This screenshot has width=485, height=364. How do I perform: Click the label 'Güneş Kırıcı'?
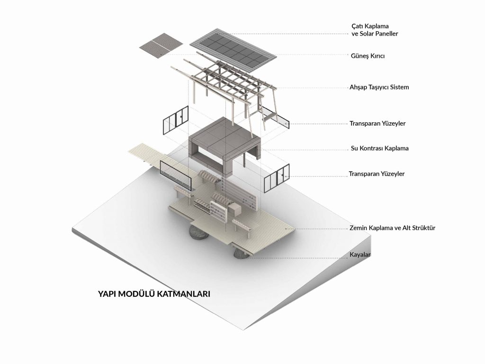click(x=368, y=56)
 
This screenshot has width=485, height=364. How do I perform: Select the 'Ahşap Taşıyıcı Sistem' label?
click(x=379, y=88)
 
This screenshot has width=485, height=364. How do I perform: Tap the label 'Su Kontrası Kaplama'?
click(x=380, y=148)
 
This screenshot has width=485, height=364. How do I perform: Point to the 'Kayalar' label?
click(x=360, y=255)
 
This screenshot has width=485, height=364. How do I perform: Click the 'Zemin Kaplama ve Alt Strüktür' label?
click(x=392, y=228)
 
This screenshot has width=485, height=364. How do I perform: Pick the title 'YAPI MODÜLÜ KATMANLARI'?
click(x=154, y=293)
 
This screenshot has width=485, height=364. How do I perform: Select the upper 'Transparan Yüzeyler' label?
click(x=377, y=124)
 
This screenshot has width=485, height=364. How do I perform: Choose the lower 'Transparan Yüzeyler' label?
click(x=377, y=174)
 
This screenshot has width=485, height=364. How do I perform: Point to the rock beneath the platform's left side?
click(x=199, y=232)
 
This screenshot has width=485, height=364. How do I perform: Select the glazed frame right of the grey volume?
click(x=277, y=178)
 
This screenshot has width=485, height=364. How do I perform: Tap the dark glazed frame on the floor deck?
click(x=175, y=174)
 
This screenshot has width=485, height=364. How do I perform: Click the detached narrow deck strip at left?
click(x=147, y=155)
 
